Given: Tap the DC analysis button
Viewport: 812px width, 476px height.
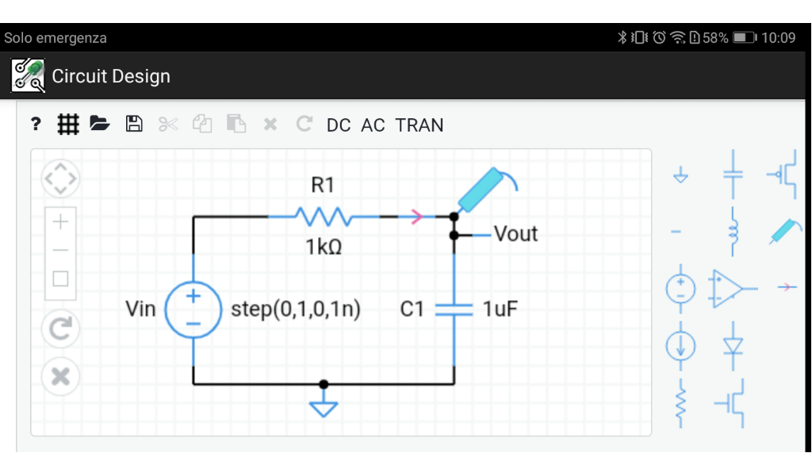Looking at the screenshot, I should [x=339, y=125].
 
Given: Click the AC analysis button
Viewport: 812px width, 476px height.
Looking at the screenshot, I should [x=373, y=125].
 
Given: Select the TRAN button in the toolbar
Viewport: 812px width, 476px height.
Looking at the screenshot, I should [x=419, y=125].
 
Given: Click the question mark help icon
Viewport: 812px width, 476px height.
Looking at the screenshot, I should [x=36, y=124].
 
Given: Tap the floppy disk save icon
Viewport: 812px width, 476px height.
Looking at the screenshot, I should [x=134, y=124].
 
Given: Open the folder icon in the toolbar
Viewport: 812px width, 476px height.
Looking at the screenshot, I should [x=99, y=124].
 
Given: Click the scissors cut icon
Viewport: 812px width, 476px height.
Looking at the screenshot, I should [x=168, y=124].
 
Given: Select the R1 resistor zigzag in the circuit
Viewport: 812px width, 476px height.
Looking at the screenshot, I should [x=323, y=216].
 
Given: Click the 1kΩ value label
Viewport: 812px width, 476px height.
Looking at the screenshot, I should [x=324, y=248].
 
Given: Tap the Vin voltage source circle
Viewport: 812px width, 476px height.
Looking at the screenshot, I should [x=193, y=309].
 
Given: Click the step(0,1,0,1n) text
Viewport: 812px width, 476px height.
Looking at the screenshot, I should [x=296, y=309].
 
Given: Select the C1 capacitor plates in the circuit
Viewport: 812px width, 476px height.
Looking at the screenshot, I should [x=454, y=309].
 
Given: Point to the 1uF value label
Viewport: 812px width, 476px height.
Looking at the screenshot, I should [x=500, y=309].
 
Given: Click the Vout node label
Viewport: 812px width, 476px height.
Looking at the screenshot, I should [x=515, y=234].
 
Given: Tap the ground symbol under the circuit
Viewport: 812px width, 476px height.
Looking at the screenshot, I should [x=323, y=408].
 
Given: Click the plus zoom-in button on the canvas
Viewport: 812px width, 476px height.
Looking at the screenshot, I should [x=60, y=221].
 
